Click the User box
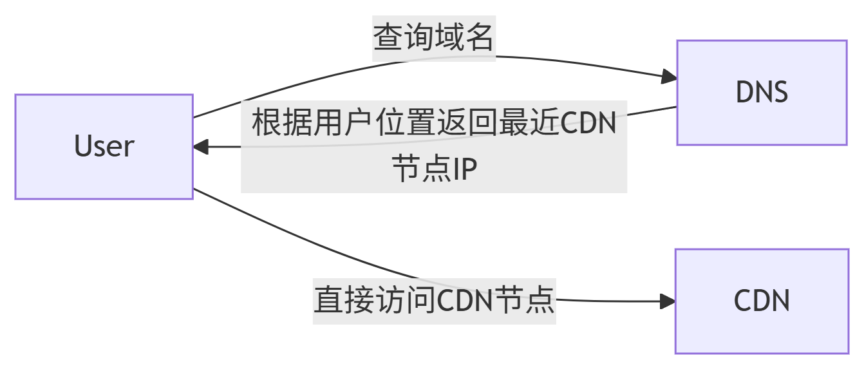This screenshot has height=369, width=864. (x=104, y=147)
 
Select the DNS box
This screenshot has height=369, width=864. (x=761, y=93)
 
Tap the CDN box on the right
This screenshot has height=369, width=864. (x=762, y=301)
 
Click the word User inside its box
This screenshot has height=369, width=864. (x=104, y=147)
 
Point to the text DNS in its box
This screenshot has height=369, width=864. (x=762, y=93)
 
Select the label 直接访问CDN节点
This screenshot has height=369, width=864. (x=434, y=300)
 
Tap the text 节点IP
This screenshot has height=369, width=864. (x=433, y=170)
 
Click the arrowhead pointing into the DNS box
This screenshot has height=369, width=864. (x=669, y=78)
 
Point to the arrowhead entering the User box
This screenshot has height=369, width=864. (x=200, y=147)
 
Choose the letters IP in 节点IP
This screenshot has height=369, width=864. (x=464, y=170)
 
